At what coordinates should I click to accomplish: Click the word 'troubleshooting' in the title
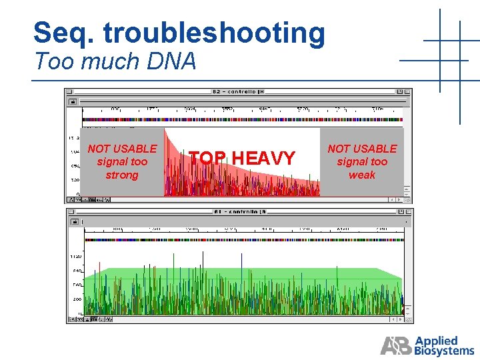pos(221,33)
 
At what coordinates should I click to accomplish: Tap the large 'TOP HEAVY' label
pos(242,159)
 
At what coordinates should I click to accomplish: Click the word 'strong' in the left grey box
pos(122,175)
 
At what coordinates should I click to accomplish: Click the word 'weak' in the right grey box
pos(362,175)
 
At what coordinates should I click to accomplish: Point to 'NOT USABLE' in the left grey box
pos(122,149)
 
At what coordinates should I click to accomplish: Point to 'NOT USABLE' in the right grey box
pos(362,149)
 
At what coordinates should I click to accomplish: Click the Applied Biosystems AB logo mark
pos(396,345)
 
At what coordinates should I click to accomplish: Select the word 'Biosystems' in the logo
pos(445,350)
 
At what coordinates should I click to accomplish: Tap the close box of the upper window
pos(69,91)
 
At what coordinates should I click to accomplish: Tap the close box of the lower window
pos(70,211)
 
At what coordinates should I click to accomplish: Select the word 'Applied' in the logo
pos(436,340)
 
